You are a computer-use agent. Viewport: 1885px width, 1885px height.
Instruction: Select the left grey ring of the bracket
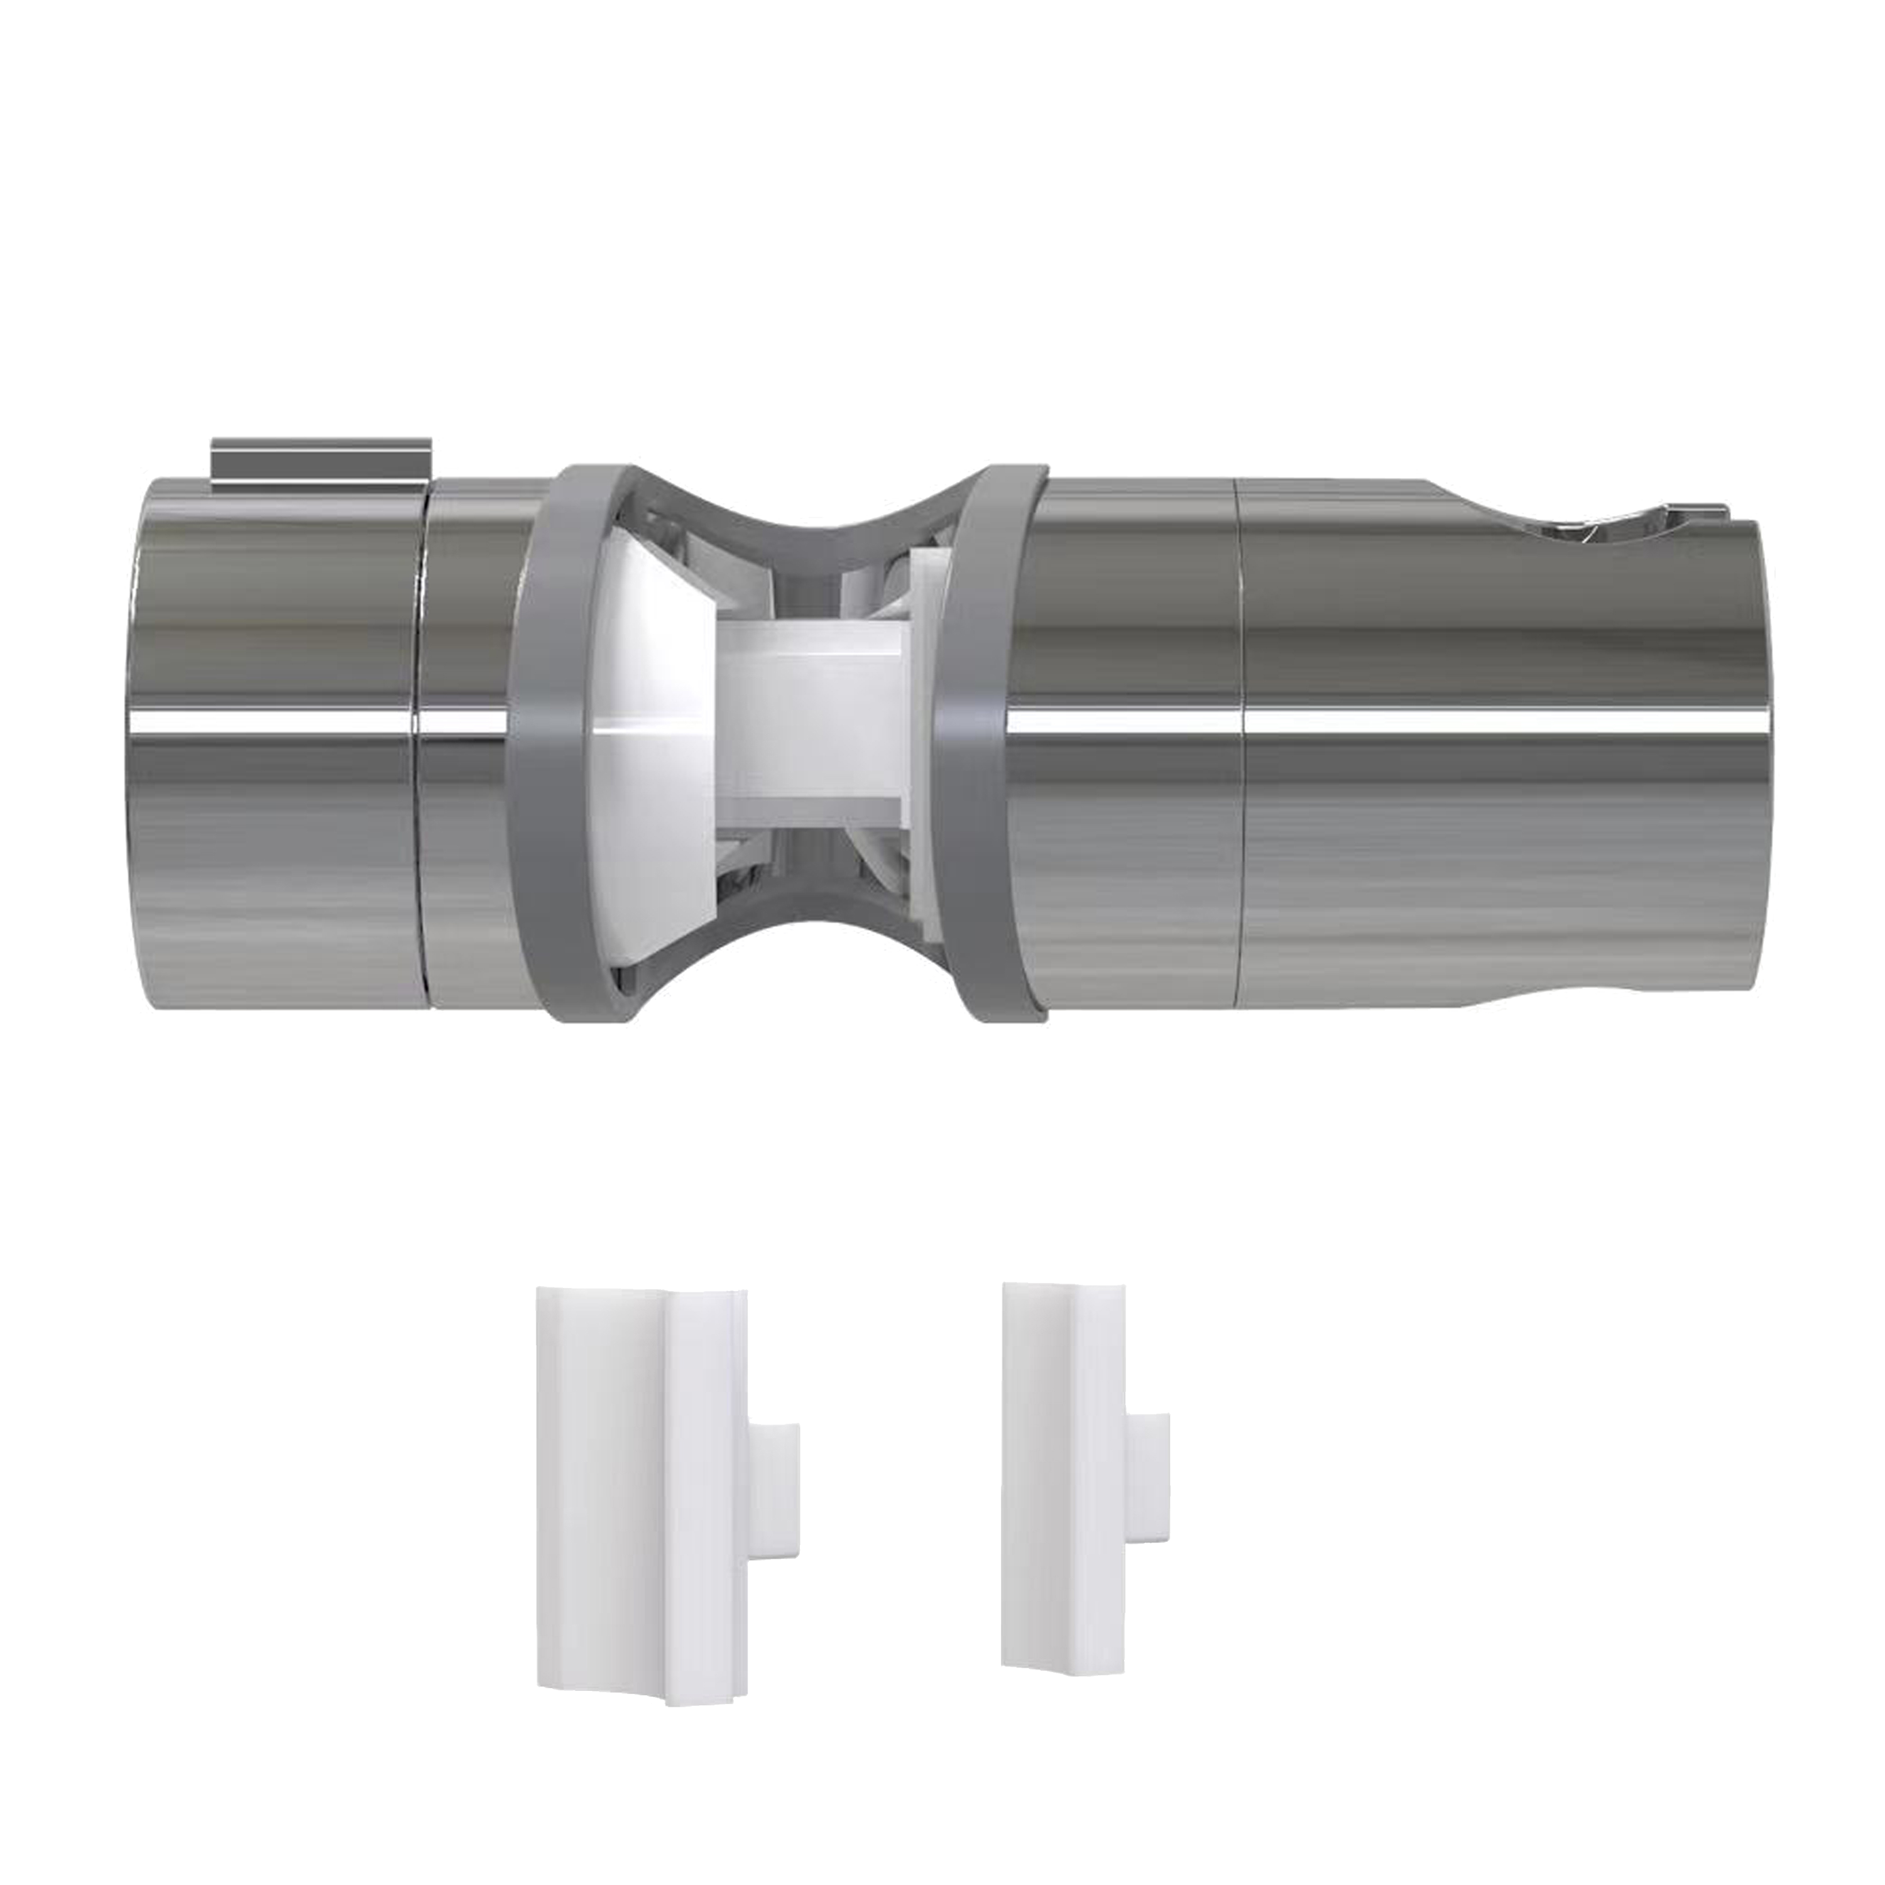pyautogui.click(x=556, y=741)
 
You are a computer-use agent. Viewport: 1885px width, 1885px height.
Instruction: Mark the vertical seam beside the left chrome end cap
pyautogui.click(x=422, y=741)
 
